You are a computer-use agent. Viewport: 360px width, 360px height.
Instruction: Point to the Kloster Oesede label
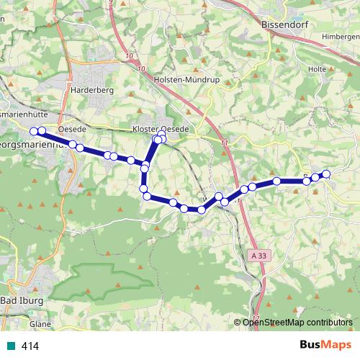point(161,128)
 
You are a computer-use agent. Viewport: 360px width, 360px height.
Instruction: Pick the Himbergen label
point(341,36)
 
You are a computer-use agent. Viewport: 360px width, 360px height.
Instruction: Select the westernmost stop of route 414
point(34,131)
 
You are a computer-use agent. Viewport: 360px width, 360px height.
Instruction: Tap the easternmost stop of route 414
point(325,174)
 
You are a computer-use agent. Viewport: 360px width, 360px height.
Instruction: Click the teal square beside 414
point(9,346)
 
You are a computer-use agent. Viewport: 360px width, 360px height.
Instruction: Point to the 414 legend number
point(30,346)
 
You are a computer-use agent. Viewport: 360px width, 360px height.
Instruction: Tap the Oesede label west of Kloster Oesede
point(72,128)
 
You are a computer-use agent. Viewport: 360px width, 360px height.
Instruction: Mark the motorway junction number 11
point(225,143)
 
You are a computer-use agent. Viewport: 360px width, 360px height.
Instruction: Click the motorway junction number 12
point(256,318)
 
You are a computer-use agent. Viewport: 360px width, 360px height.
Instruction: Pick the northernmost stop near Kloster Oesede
point(162,133)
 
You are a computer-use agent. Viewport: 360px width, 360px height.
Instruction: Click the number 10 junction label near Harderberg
point(129,55)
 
